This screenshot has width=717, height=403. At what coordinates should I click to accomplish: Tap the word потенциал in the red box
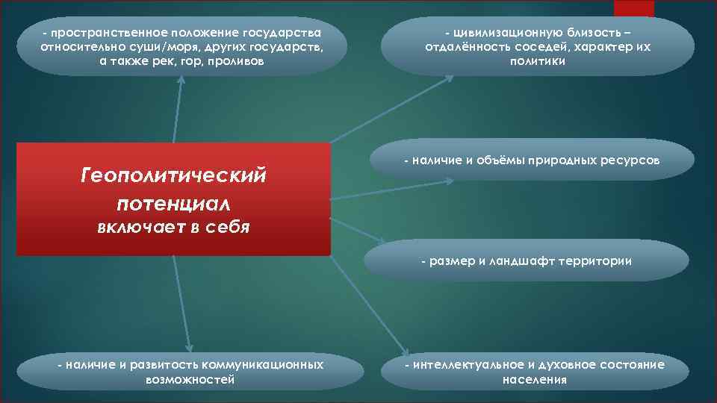point(173,203)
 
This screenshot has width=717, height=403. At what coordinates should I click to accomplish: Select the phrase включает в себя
point(173,227)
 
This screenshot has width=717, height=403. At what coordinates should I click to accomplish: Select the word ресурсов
point(631,160)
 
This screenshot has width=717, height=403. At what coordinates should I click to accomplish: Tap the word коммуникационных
point(263,364)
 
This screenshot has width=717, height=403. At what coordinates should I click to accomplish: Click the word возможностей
point(191,379)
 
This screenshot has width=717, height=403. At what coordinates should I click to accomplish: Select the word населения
point(535,379)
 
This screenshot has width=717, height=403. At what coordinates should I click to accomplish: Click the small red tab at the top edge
point(633,8)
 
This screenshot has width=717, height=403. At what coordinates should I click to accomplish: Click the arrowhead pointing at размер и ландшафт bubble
point(382,243)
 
